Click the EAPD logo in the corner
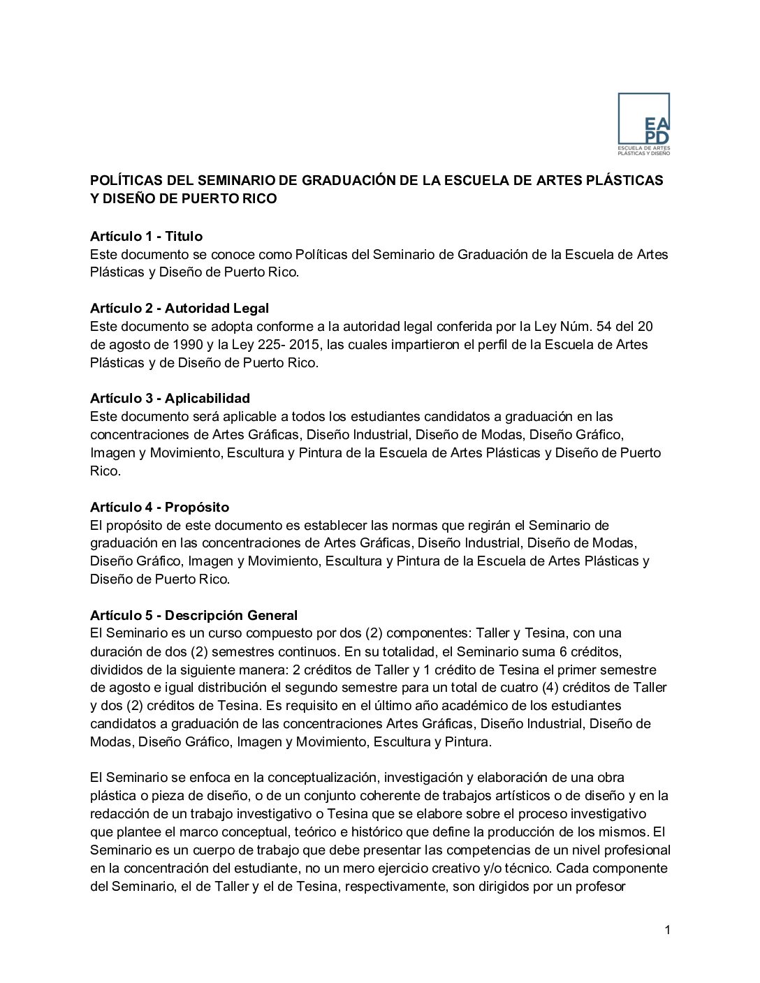tap(643, 124)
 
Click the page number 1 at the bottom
tap(668, 929)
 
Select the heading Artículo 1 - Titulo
tap(146, 236)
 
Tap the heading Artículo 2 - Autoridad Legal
tap(179, 308)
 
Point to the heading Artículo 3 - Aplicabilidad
tap(170, 399)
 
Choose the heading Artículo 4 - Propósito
tap(159, 507)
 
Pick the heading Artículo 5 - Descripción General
tap(193, 615)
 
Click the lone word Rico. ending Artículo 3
tap(105, 471)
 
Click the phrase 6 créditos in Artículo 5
tap(591, 651)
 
